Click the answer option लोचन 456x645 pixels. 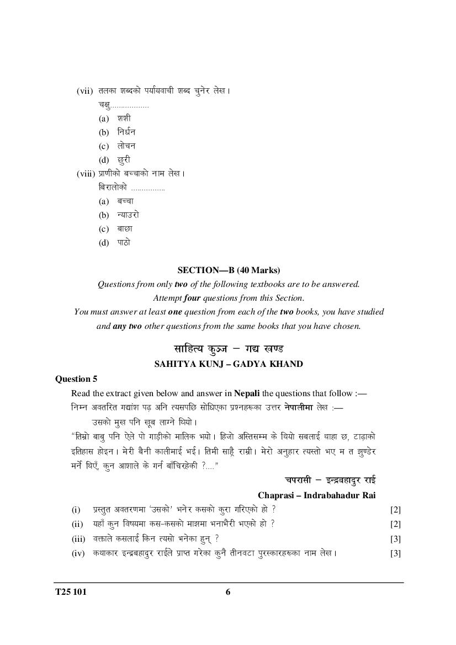click(126, 146)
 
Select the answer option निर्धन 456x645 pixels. click(126, 132)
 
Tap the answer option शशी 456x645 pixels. click(124, 118)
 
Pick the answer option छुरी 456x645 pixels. click(124, 160)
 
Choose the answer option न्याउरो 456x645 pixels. click(128, 215)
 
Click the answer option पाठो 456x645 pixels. click(124, 242)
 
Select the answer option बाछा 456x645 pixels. click(125, 228)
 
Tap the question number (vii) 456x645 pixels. click(86, 90)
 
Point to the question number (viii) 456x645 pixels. click(86, 173)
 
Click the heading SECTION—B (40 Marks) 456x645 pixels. click(229, 270)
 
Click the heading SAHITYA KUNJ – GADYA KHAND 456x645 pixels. click(229, 364)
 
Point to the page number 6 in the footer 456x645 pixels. click(228, 593)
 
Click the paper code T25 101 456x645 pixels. click(71, 593)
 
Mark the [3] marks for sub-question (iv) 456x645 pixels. click(395, 553)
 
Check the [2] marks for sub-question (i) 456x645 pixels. click(395, 509)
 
